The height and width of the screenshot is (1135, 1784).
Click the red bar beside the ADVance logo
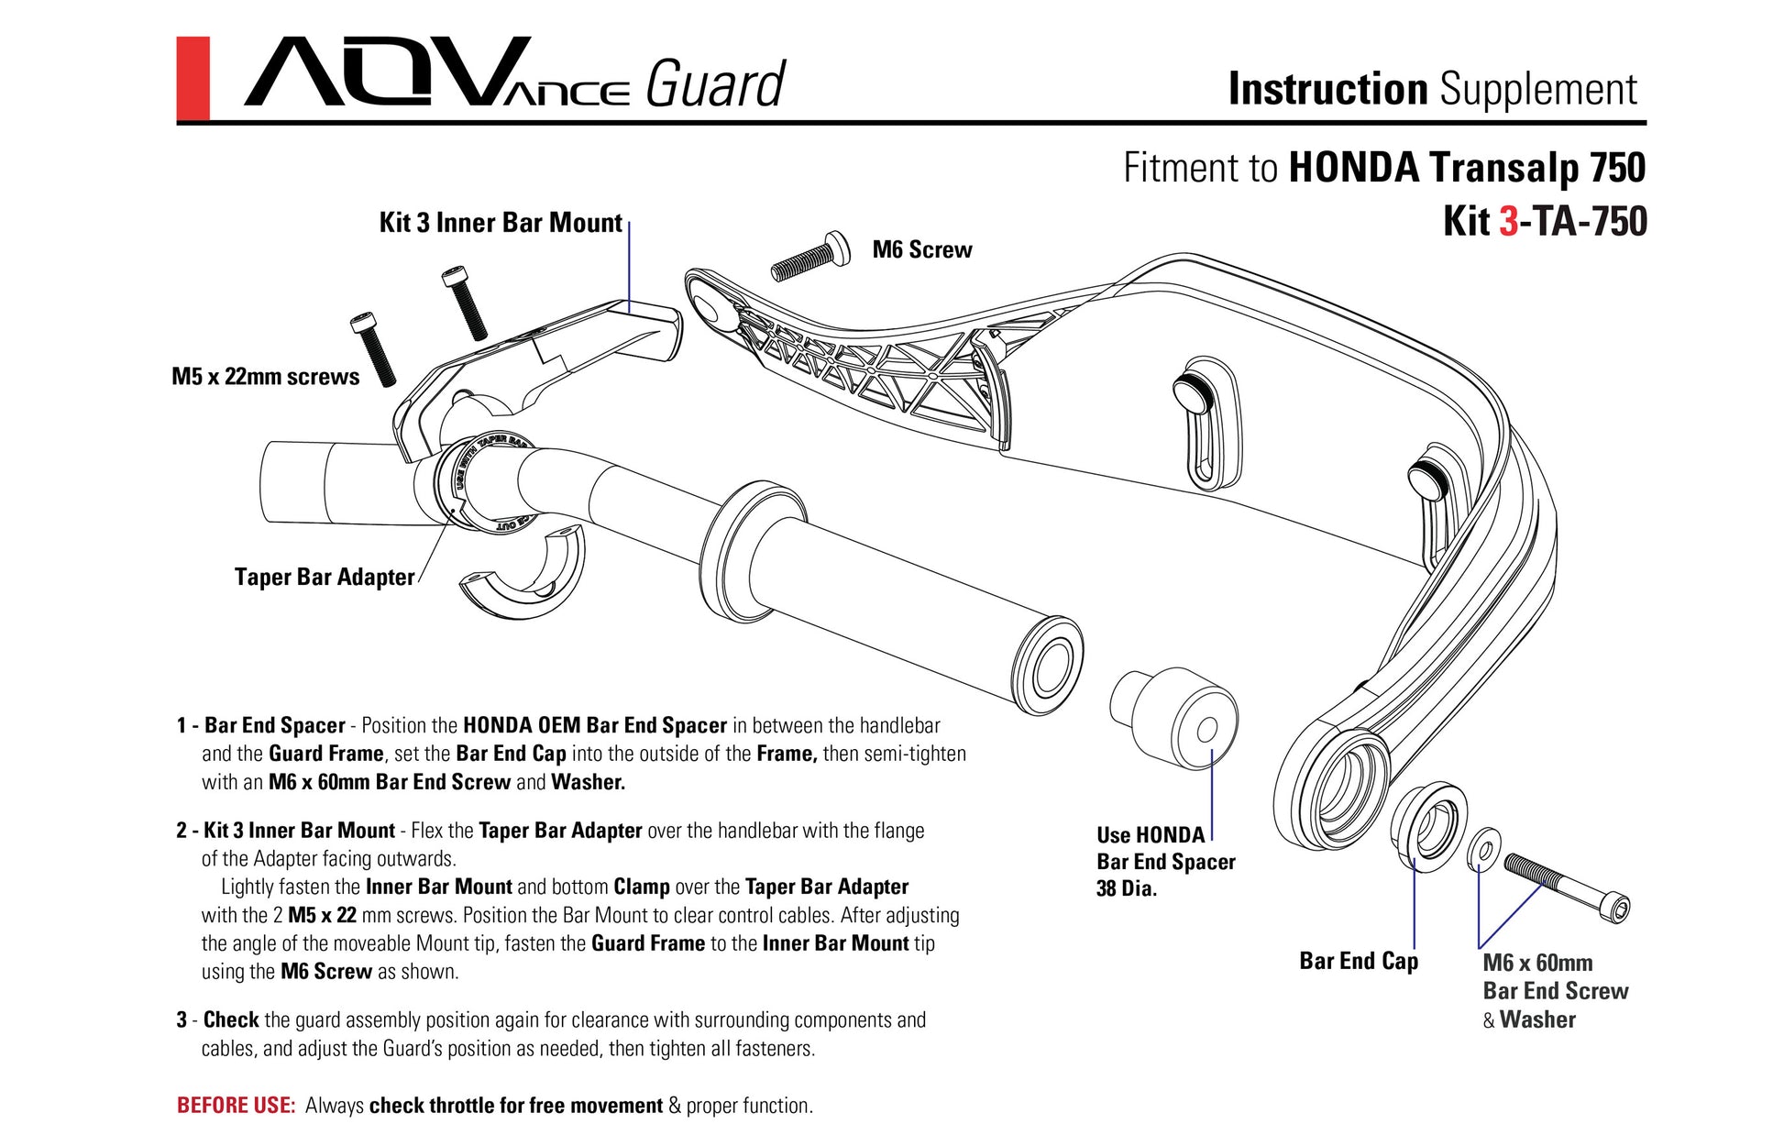point(193,79)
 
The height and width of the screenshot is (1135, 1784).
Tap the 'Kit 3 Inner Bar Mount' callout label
point(501,223)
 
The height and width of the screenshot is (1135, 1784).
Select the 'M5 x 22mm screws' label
point(265,377)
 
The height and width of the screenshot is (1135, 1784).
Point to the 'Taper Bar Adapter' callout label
point(325,577)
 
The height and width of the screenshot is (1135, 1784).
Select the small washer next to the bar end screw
point(1484,848)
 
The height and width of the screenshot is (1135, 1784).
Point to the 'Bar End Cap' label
point(1358,961)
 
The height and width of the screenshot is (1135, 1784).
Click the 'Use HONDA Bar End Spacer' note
point(1165,861)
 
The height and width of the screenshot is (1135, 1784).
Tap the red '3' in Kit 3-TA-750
point(1508,222)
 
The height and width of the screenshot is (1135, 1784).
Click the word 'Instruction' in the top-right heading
point(1327,90)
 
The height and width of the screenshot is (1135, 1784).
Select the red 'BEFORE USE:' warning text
point(236,1106)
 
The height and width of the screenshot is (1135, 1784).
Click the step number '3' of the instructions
point(182,1020)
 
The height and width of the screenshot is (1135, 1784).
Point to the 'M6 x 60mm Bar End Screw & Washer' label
point(1555,991)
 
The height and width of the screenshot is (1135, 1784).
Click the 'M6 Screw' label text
point(921,249)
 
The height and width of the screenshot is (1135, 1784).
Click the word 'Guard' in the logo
point(715,85)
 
